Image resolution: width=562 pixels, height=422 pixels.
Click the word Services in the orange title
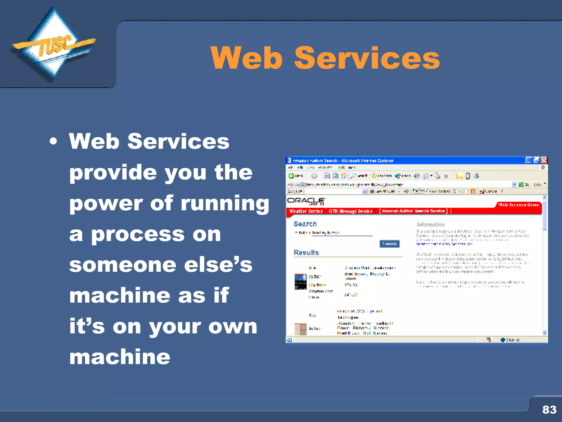(367, 58)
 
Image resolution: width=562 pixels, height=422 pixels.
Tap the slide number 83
(549, 410)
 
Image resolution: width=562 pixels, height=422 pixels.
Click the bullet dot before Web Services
(54, 142)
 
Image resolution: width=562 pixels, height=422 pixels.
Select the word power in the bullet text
(106, 203)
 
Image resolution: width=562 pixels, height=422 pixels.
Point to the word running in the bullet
(225, 203)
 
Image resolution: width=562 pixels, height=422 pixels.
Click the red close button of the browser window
(544, 160)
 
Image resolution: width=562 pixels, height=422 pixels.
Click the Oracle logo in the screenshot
(306, 201)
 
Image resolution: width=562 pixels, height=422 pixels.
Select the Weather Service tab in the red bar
(306, 211)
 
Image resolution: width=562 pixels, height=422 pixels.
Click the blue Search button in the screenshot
(389, 244)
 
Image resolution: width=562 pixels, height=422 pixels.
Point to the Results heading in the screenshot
(306, 252)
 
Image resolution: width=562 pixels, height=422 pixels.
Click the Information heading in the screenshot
(431, 224)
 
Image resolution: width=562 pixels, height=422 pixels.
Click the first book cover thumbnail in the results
(300, 282)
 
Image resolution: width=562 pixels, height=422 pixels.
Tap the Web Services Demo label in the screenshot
(518, 205)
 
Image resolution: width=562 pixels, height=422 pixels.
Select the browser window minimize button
(529, 160)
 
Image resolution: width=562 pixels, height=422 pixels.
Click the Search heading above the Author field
(305, 224)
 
